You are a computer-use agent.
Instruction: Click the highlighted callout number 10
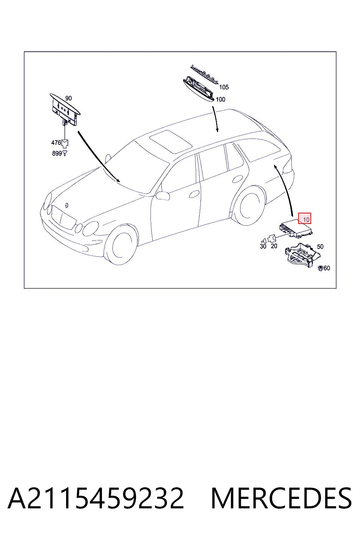pos(306,220)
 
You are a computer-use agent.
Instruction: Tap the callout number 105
pos(224,87)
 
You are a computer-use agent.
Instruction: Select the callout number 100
pos(220,99)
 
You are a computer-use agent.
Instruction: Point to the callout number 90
pos(69,98)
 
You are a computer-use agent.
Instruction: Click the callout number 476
pos(56,143)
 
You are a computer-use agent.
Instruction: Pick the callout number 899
pos(57,153)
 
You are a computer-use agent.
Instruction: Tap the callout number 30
pos(263,246)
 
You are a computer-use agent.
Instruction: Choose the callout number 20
pos(274,246)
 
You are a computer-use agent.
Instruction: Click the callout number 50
pos(320,246)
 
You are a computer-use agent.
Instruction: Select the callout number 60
pos(327,268)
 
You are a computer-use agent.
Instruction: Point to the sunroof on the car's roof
pos(171,142)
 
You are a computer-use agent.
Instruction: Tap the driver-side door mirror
pos(163,195)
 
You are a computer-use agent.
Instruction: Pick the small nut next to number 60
pos(321,268)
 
